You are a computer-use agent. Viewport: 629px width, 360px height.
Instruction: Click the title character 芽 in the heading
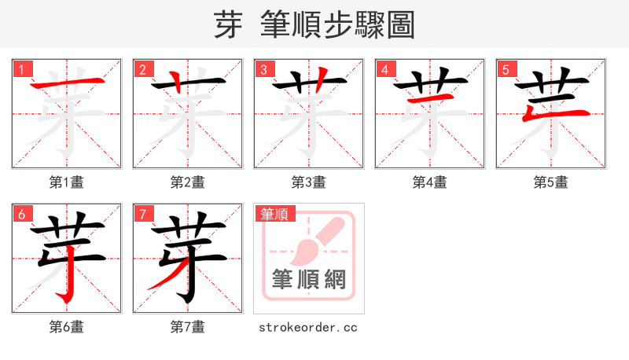pyautogui.click(x=227, y=25)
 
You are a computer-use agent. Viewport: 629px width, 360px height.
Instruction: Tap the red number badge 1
pyautogui.click(x=21, y=69)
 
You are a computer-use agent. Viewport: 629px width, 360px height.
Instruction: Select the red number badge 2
pyautogui.click(x=142, y=69)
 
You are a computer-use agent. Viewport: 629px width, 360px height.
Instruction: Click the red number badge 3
pyautogui.click(x=263, y=69)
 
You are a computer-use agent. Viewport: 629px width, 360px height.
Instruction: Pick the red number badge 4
pyautogui.click(x=384, y=69)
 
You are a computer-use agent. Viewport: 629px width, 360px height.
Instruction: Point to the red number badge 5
pyautogui.click(x=506, y=69)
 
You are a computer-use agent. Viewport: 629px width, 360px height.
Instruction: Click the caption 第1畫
pyautogui.click(x=67, y=182)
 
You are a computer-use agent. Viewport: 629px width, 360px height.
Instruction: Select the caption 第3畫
pyautogui.click(x=309, y=182)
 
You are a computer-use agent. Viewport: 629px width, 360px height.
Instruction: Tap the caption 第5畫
pyautogui.click(x=551, y=182)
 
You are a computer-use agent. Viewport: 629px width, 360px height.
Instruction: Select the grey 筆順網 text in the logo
pyautogui.click(x=309, y=279)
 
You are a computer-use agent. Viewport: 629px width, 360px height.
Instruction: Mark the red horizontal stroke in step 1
pyautogui.click(x=67, y=83)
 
